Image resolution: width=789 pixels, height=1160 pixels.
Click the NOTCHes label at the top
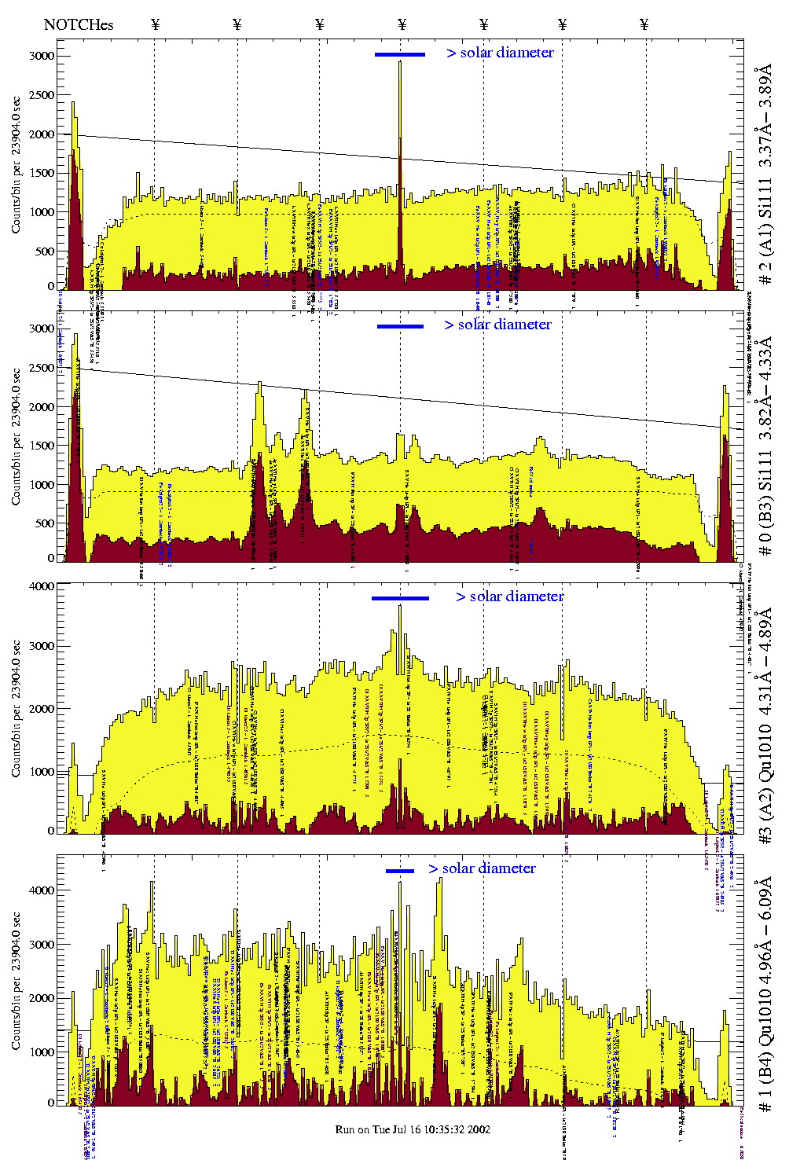[79, 24]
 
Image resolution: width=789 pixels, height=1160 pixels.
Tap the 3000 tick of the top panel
[42, 56]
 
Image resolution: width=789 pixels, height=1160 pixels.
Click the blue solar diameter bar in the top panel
[400, 54]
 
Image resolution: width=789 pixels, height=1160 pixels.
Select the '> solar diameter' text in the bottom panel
[483, 868]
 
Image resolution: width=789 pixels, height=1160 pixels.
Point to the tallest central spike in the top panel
[400, 63]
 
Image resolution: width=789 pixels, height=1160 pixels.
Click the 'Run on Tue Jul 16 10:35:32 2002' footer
[413, 1129]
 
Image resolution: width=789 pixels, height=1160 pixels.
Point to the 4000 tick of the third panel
[42, 586]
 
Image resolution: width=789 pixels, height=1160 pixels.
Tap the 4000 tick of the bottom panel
[42, 890]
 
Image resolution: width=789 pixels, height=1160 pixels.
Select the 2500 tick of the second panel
[42, 368]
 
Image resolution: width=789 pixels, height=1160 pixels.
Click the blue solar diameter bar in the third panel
[400, 598]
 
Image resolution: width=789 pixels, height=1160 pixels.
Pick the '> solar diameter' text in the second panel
[497, 325]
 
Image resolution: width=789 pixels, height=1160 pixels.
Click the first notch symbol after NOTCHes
[155, 24]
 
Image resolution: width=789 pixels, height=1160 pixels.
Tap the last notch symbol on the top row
[644, 24]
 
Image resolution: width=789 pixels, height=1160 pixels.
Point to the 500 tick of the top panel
[44, 251]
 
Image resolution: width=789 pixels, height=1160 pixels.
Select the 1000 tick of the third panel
[42, 772]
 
